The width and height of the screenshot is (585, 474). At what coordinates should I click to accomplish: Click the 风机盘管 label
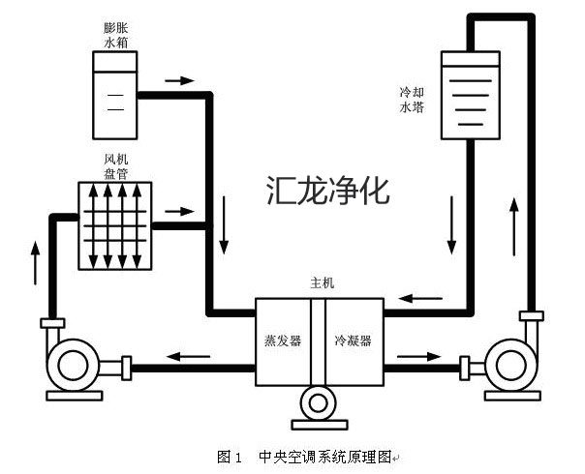pos(115,165)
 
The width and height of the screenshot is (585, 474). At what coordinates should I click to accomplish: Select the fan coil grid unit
pos(115,225)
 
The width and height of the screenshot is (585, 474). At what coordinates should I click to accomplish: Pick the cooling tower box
pos(470,94)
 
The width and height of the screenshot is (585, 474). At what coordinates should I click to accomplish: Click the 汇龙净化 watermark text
pos(327,189)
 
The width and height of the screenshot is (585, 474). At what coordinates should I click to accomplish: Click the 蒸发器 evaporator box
pos(283,341)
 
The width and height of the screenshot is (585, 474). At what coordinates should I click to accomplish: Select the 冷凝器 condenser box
pos(354,341)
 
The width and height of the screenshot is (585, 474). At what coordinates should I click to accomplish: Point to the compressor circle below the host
pos(318,403)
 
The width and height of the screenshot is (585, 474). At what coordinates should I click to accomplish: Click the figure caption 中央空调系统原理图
pos(323,455)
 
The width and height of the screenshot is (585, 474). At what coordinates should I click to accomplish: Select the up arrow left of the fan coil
pos(36,261)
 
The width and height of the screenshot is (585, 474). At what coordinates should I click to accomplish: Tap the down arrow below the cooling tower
pos(451,222)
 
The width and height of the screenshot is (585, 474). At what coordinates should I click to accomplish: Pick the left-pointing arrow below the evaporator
pos(190,356)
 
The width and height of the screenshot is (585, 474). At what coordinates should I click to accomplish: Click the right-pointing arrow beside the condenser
pos(418,356)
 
